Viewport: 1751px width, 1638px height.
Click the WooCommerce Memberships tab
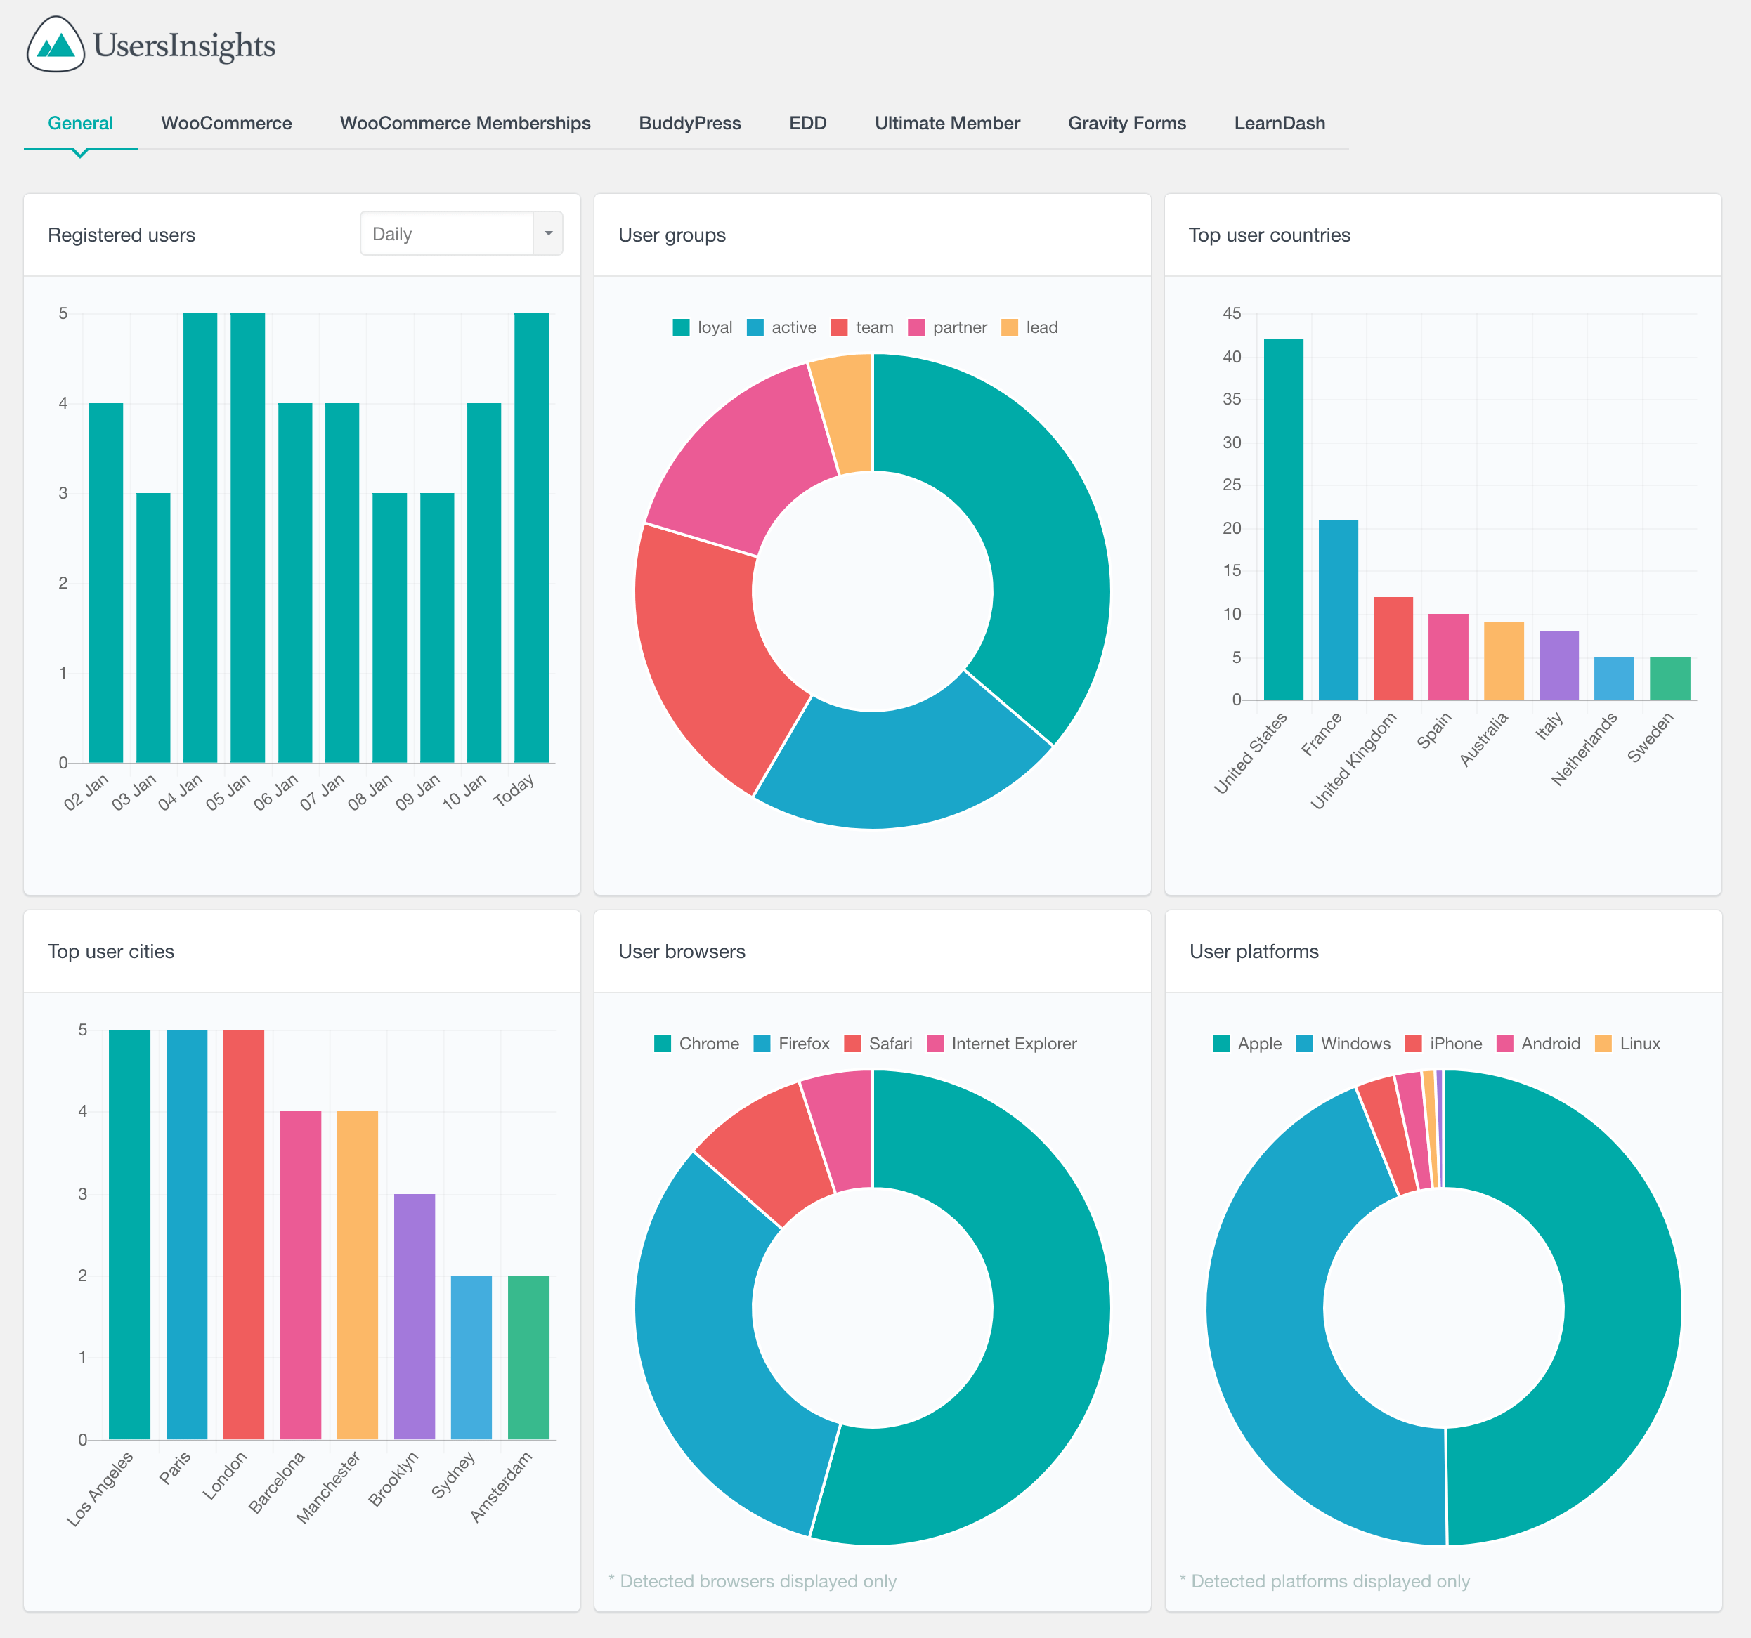pos(465,124)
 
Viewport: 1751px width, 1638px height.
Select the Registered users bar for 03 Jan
pos(153,627)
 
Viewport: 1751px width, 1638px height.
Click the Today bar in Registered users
pos(531,537)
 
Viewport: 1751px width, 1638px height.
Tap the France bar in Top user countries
pos(1338,610)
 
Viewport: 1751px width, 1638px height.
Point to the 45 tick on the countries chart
pos(1231,313)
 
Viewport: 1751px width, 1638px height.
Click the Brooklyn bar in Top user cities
pos(414,1316)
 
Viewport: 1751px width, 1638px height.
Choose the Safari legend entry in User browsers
pos(878,1044)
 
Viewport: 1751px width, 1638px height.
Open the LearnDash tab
pos(1279,124)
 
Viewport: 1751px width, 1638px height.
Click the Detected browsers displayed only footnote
pos(753,1581)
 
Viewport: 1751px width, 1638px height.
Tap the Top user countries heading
pos(1268,235)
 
